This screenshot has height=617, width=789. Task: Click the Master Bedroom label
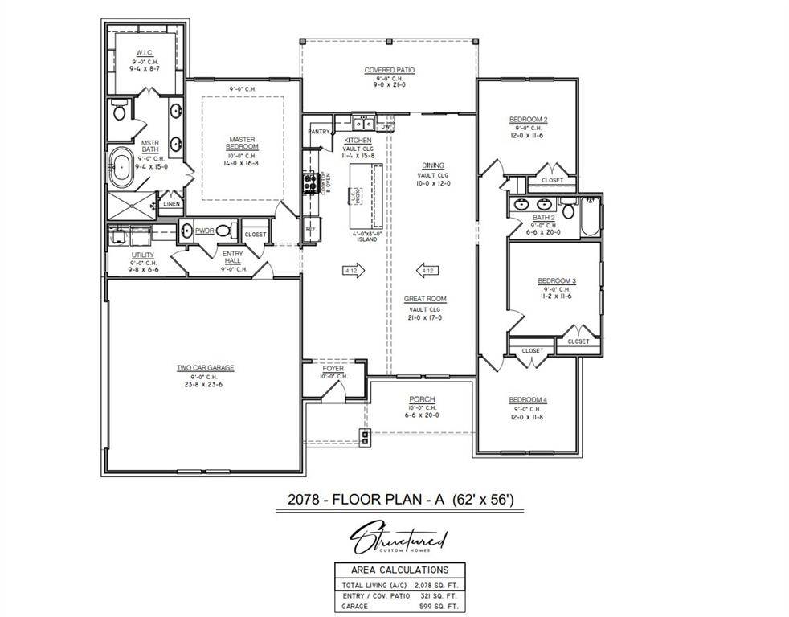[x=242, y=142]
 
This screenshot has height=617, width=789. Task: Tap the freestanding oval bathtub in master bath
[x=123, y=168]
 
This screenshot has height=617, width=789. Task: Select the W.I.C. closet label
[x=145, y=53]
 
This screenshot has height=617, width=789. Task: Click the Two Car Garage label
[x=206, y=367]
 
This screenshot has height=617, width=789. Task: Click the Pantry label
[x=319, y=131]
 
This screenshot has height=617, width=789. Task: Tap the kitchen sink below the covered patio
[x=362, y=123]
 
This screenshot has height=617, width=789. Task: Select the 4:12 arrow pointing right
[x=354, y=271]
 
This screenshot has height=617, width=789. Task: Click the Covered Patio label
[x=389, y=71]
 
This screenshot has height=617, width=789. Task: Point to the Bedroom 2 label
[x=528, y=120]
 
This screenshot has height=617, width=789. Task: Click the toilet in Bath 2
[x=569, y=211]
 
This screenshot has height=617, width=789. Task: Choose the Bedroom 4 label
[x=527, y=399]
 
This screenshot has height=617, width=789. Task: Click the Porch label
[x=422, y=398]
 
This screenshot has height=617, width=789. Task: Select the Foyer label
[x=332, y=368]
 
